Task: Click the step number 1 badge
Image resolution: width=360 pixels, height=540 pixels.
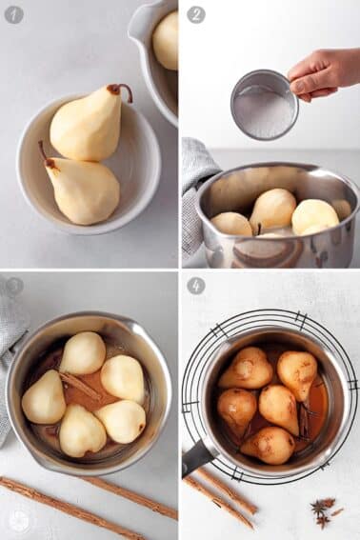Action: (x=14, y=14)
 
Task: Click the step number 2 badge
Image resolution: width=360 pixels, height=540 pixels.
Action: (x=195, y=14)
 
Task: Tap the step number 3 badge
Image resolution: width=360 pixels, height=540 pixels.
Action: (x=14, y=286)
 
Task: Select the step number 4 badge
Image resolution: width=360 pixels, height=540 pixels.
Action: (x=195, y=286)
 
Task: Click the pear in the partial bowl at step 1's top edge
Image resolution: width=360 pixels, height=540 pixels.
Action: (x=167, y=40)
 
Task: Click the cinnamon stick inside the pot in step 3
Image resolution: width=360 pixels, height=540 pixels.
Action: (x=80, y=386)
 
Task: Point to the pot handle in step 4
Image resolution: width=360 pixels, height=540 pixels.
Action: (x=198, y=456)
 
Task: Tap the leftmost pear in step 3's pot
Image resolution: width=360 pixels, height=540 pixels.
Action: (x=44, y=398)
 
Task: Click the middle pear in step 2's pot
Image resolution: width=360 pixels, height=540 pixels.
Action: (x=273, y=209)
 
